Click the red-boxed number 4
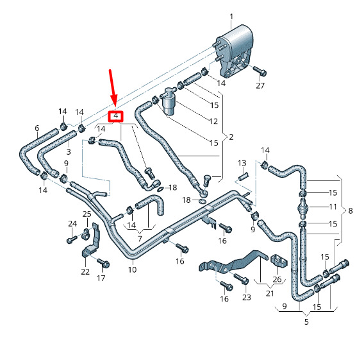(116, 116)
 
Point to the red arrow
(113, 89)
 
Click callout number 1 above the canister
(231, 17)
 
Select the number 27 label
(260, 85)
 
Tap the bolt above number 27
(260, 71)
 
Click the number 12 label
(213, 121)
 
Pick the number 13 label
(242, 163)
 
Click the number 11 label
(333, 207)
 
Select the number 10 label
(132, 270)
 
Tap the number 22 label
(85, 271)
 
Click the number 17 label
(101, 278)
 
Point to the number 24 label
(72, 224)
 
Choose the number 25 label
(87, 214)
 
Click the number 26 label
(277, 279)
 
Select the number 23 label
(247, 297)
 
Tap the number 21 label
(270, 293)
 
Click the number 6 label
(37, 128)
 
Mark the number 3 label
(69, 151)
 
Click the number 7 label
(140, 239)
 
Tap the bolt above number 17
(103, 263)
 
